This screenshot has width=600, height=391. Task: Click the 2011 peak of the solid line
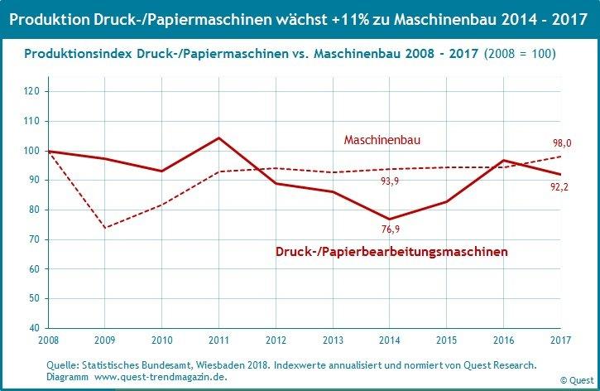[x=218, y=138]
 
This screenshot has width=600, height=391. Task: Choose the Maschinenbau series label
[x=382, y=140]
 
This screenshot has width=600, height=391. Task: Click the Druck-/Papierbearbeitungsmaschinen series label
[x=391, y=250]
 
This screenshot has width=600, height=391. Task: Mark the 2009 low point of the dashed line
[x=104, y=227]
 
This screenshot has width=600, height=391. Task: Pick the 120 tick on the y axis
[x=33, y=92]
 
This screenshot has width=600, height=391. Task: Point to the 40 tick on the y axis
[x=36, y=328]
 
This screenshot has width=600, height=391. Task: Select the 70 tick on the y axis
[x=36, y=239]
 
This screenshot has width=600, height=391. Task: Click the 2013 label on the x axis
[x=333, y=340]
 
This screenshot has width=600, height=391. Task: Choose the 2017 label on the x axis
[x=560, y=340]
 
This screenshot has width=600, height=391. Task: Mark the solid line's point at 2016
[x=503, y=161]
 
